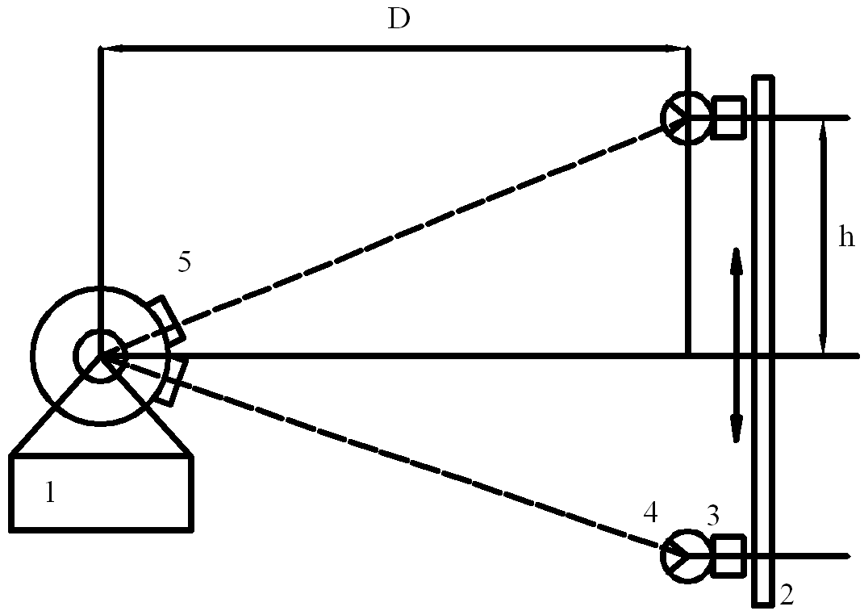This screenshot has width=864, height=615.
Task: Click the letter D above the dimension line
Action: pyautogui.click(x=399, y=19)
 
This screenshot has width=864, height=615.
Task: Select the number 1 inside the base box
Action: pyautogui.click(x=50, y=492)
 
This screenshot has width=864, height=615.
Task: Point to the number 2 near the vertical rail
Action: pyautogui.click(x=787, y=596)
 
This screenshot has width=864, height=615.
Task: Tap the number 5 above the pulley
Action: pyautogui.click(x=185, y=262)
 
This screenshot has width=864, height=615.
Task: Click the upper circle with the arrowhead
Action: pyautogui.click(x=684, y=118)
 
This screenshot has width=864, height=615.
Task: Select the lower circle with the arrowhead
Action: pyautogui.click(x=684, y=556)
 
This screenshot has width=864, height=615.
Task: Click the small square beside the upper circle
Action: pyautogui.click(x=728, y=118)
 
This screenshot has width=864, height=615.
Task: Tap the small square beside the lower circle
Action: pyautogui.click(x=728, y=556)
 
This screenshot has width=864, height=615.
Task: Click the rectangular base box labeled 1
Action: pyautogui.click(x=102, y=492)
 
